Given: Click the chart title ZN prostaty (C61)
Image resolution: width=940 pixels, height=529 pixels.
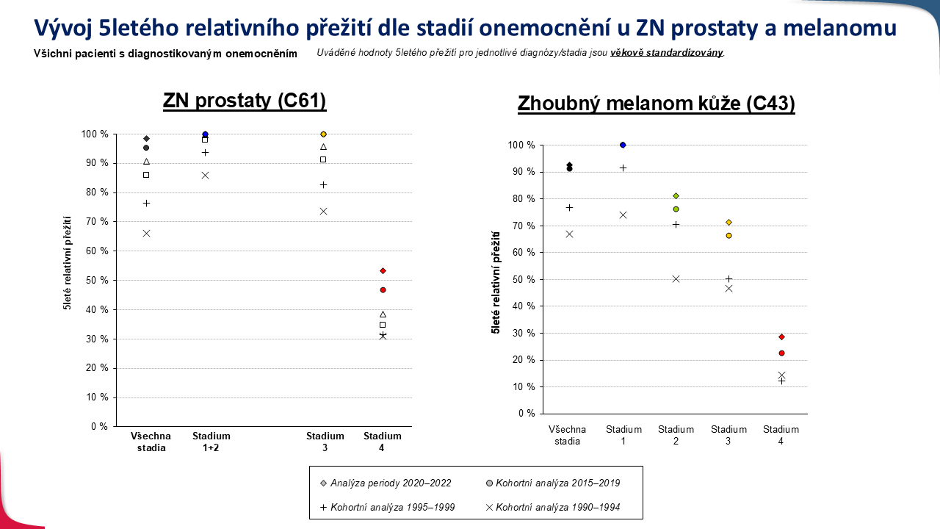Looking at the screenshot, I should [245, 101].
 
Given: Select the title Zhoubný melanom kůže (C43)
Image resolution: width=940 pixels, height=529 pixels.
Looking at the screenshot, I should [657, 104].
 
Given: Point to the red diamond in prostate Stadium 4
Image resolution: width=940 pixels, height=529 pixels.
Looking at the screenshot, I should [383, 271].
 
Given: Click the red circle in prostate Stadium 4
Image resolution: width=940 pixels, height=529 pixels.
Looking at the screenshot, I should [383, 290].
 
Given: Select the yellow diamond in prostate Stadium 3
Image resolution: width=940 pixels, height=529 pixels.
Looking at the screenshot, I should [323, 134].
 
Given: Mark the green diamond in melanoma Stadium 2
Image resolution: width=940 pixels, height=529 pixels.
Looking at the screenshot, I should [676, 195].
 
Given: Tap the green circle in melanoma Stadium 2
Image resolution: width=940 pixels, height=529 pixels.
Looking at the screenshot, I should [676, 209].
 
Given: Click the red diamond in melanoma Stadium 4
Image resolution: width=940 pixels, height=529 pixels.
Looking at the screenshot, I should [781, 337].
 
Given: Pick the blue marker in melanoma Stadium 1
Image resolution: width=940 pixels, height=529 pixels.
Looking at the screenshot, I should [623, 145].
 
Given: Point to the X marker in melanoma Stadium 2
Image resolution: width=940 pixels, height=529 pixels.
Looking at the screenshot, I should [676, 279].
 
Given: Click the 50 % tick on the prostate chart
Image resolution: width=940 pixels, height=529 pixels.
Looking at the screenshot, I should [97, 280].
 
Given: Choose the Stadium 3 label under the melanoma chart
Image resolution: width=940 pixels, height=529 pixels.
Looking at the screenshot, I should [728, 435].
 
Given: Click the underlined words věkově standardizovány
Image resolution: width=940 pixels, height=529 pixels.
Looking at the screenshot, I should [667, 53].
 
